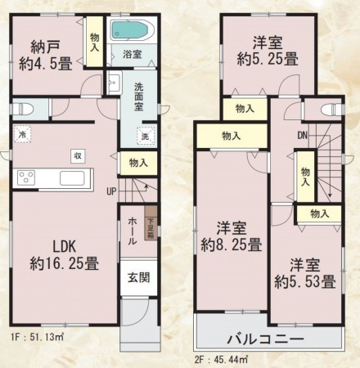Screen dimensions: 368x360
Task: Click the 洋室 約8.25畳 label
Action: (232, 236)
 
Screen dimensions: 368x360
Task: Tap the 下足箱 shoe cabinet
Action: (151, 227)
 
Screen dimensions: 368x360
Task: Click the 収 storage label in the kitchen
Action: (78, 155)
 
